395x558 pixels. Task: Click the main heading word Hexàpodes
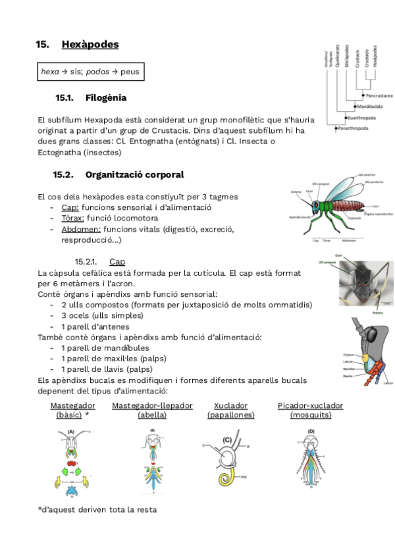click(x=90, y=45)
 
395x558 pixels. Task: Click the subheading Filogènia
click(x=105, y=98)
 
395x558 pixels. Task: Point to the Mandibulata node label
click(x=373, y=106)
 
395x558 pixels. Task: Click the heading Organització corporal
click(x=134, y=175)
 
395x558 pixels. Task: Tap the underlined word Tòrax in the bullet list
click(x=72, y=218)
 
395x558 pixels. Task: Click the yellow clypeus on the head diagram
click(x=366, y=355)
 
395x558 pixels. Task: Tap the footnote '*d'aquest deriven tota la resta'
click(x=97, y=510)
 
